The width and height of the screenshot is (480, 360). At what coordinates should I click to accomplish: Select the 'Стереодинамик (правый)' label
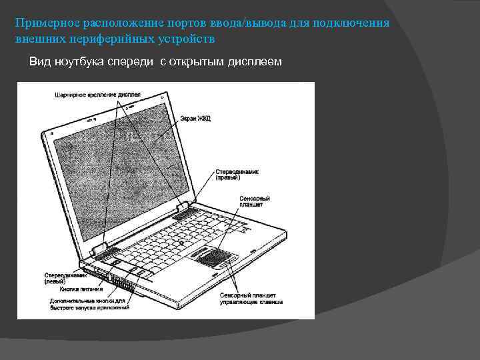point(237,175)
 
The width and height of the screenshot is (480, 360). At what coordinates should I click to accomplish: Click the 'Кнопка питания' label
point(81,290)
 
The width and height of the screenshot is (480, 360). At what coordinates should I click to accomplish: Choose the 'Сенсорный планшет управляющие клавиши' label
point(251,298)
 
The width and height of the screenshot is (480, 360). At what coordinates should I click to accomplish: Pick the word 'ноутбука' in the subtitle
point(79,61)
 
